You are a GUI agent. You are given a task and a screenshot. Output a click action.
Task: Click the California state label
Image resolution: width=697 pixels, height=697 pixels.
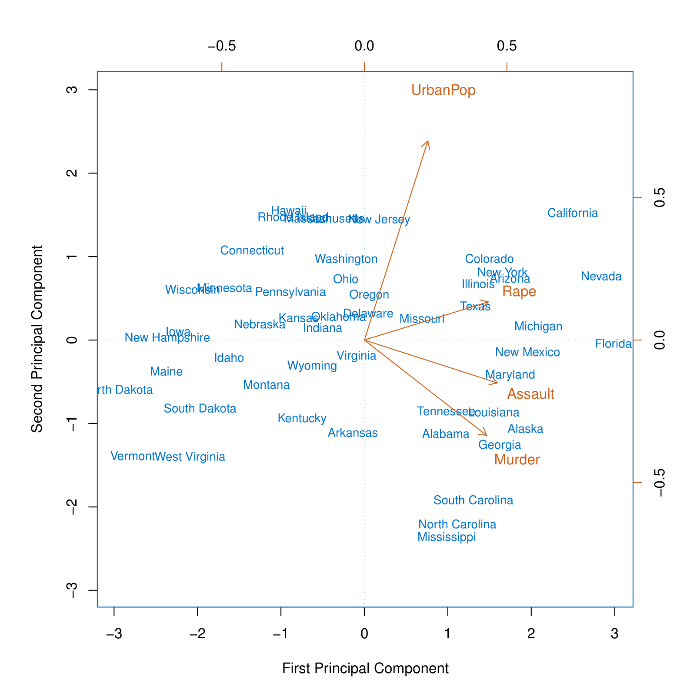click(572, 213)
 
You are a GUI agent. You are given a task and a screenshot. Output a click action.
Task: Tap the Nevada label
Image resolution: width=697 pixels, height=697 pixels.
click(601, 277)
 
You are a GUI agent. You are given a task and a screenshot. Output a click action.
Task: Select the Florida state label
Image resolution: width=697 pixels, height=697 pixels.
click(613, 344)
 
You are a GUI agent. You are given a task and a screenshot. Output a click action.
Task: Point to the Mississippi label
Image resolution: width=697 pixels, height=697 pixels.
click(446, 537)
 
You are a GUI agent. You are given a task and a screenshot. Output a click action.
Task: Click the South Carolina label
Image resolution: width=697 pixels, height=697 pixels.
click(473, 500)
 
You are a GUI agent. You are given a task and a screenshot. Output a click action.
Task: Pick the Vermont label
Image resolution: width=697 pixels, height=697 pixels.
click(132, 456)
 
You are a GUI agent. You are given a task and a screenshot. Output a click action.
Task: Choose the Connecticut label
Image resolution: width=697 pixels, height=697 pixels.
click(252, 250)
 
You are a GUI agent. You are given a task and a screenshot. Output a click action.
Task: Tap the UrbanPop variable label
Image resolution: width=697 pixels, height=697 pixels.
click(443, 90)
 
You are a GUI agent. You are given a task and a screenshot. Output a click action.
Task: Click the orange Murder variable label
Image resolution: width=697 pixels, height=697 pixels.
click(517, 460)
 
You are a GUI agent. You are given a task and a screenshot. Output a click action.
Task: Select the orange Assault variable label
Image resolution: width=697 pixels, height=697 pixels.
click(530, 394)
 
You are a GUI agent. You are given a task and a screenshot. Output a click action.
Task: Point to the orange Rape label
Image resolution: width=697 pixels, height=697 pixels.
click(519, 292)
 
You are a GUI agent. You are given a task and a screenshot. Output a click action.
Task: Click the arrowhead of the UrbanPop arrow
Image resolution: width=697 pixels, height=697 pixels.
click(428, 142)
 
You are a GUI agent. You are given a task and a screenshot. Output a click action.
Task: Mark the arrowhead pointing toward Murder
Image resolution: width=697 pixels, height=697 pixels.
click(486, 434)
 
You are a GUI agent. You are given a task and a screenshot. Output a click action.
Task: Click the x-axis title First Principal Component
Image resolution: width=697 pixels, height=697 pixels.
click(365, 668)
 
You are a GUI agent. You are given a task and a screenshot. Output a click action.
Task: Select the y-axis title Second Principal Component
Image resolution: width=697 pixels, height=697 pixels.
click(37, 339)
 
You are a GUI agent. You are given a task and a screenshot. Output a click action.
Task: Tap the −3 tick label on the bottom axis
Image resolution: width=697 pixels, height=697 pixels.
click(114, 634)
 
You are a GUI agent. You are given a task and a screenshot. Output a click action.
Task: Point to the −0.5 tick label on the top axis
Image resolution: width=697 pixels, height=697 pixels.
click(221, 46)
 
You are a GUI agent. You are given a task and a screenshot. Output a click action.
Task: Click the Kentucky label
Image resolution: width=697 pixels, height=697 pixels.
click(302, 418)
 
